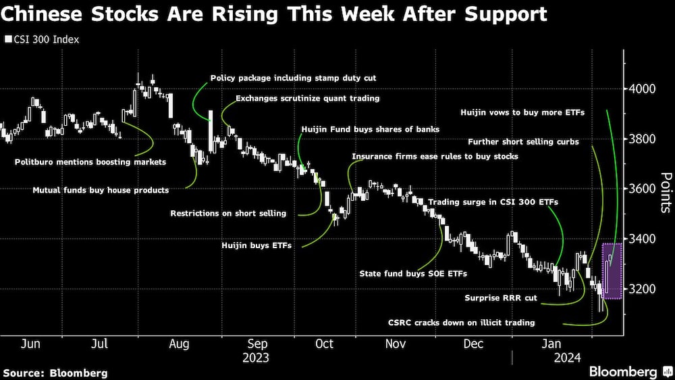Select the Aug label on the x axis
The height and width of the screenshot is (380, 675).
coord(178,343)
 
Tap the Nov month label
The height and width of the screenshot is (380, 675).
coord(396,343)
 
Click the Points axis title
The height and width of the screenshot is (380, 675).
coord(665,193)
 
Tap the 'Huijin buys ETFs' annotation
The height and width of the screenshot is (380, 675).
coord(256,246)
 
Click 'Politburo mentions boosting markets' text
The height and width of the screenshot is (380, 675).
coord(90,162)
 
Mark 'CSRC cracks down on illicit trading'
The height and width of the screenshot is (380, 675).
coord(462,323)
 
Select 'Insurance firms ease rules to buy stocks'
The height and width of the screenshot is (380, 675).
coord(435,157)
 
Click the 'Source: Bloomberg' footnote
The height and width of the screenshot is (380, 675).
coord(55,373)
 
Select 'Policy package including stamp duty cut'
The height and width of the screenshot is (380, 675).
coord(294,78)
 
